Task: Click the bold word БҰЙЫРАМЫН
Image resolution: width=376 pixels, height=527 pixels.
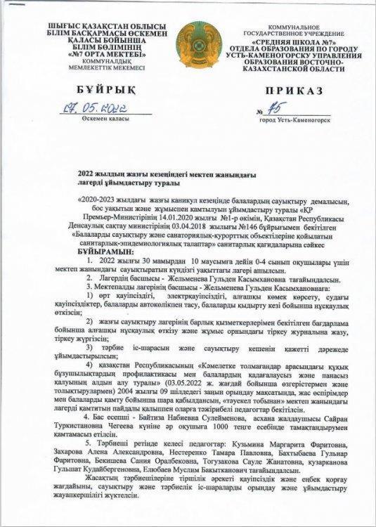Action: [x=105, y=251]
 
